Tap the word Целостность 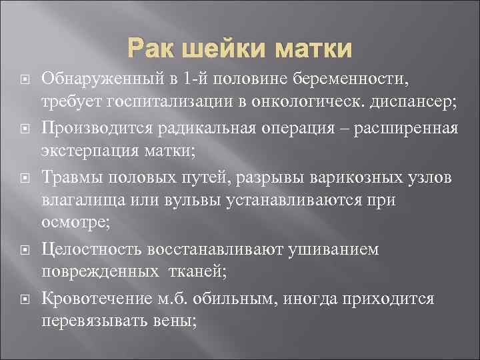point(86,249)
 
